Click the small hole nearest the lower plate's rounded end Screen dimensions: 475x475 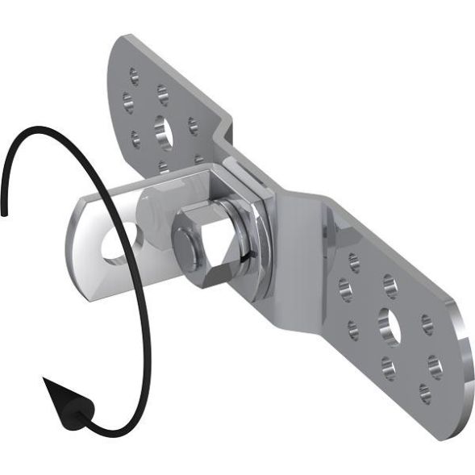click(425, 393)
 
